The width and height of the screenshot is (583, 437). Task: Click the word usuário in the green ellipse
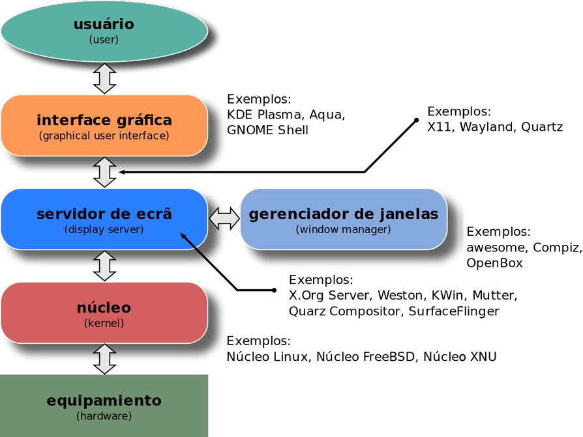tap(104, 25)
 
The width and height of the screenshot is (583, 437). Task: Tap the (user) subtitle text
tap(104, 40)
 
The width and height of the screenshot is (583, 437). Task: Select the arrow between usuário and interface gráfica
tap(104, 78)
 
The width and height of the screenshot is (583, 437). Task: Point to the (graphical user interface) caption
tap(104, 135)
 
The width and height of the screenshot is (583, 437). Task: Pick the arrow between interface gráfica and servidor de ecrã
tap(104, 172)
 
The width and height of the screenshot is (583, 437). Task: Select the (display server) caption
tap(104, 229)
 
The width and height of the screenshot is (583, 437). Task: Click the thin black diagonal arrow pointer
tap(196, 249)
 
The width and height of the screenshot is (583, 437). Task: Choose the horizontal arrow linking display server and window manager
tap(224, 218)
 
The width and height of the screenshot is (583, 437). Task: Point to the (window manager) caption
tap(343, 229)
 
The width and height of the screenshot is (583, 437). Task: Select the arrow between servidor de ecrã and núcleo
tap(104, 266)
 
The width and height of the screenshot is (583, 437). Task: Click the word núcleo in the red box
tap(104, 307)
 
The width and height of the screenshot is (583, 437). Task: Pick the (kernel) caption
tap(104, 323)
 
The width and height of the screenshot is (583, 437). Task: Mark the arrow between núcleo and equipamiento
tap(104, 359)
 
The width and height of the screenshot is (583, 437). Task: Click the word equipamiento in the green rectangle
tap(104, 401)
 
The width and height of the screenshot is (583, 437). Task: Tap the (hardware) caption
tap(104, 416)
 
